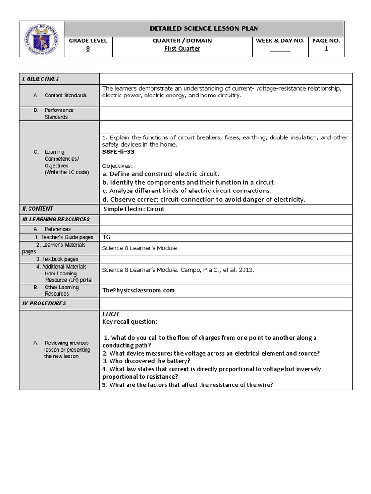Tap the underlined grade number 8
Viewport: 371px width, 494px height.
click(x=88, y=49)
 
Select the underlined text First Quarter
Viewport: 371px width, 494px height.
click(x=182, y=49)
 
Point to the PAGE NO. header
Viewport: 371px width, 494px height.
click(x=326, y=41)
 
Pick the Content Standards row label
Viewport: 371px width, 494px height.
click(x=66, y=96)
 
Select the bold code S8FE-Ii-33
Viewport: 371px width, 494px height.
click(x=118, y=151)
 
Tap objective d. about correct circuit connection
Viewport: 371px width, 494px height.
click(x=203, y=199)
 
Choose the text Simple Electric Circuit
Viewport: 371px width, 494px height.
click(x=134, y=209)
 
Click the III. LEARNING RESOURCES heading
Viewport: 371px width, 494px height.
click(x=55, y=219)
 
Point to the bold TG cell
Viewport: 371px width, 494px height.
click(x=107, y=237)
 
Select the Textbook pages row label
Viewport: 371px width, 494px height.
click(x=60, y=259)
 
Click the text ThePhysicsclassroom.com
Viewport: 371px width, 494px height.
click(x=138, y=290)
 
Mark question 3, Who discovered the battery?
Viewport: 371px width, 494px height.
click(x=146, y=361)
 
